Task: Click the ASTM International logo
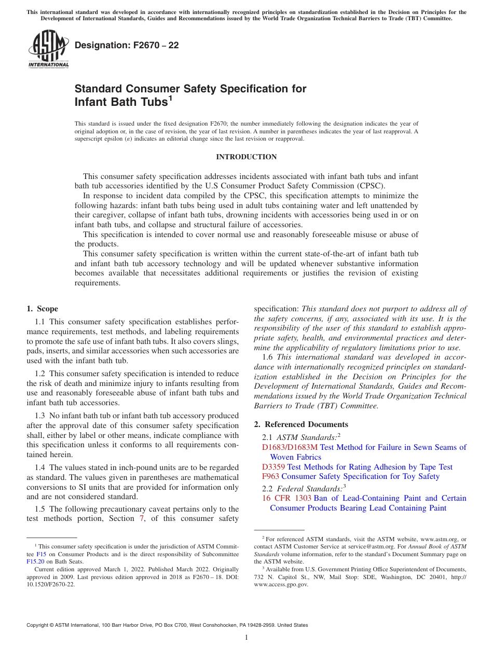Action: (x=48, y=50)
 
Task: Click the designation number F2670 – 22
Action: (x=127, y=46)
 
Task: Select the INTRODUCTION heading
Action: (x=246, y=157)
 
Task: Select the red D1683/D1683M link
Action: (x=290, y=447)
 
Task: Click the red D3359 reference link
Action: (x=273, y=467)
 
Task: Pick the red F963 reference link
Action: (x=271, y=476)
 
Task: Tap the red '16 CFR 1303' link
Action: (x=286, y=498)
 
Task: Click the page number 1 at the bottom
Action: (x=246, y=638)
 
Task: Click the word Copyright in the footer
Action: (x=38, y=625)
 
